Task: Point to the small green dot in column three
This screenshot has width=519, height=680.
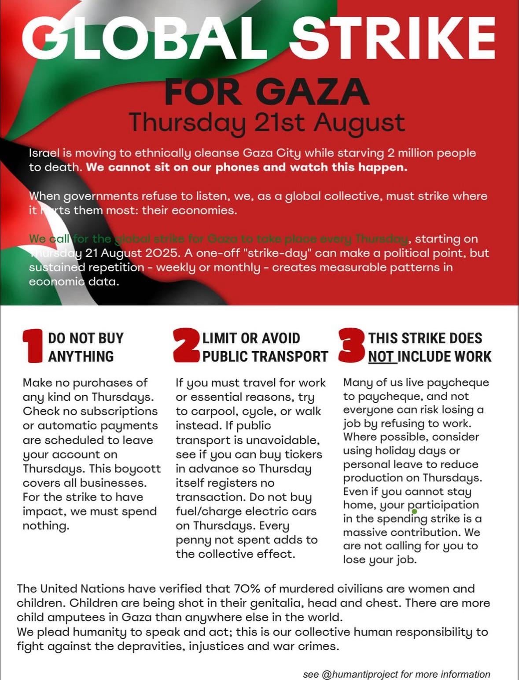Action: click(414, 511)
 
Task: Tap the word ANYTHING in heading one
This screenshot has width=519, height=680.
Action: click(81, 356)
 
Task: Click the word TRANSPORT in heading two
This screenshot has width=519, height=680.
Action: click(292, 356)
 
